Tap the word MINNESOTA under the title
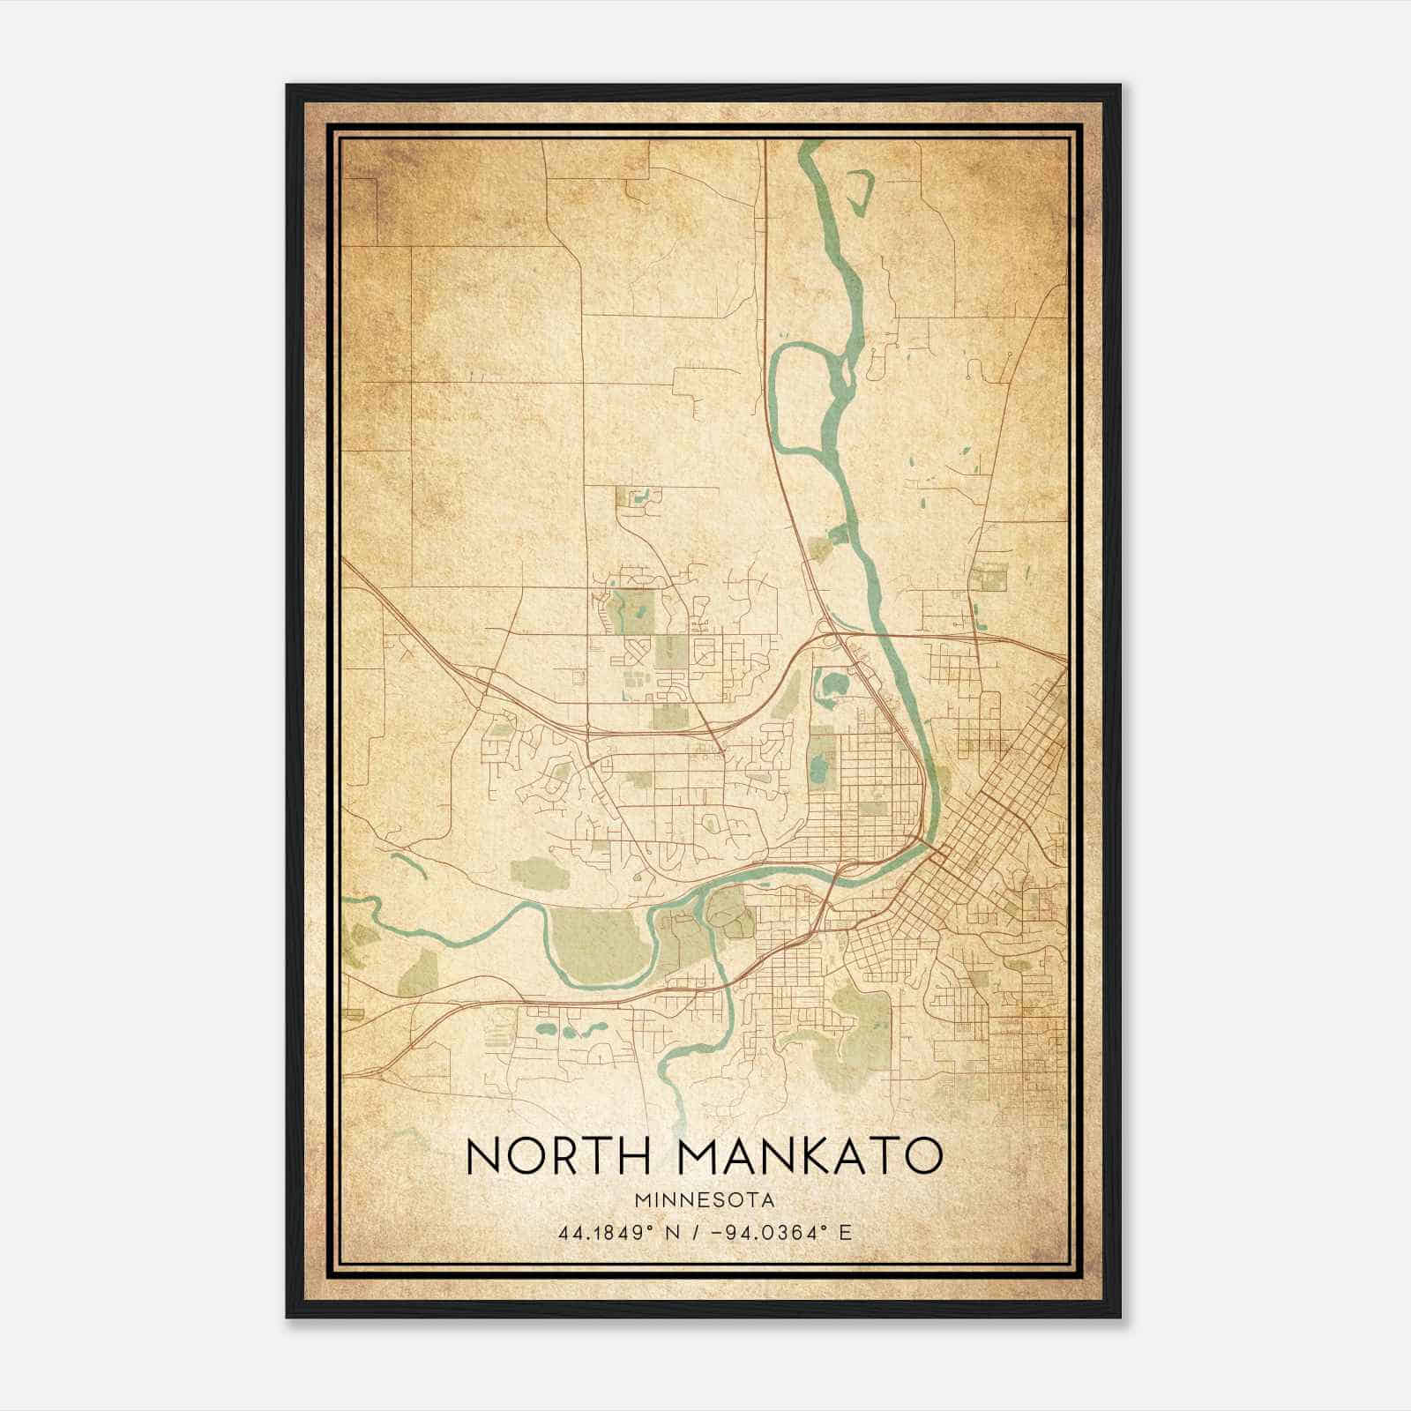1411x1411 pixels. (x=704, y=1200)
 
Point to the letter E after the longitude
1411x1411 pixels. (x=845, y=1232)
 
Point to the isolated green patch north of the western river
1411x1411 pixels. (x=535, y=871)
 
